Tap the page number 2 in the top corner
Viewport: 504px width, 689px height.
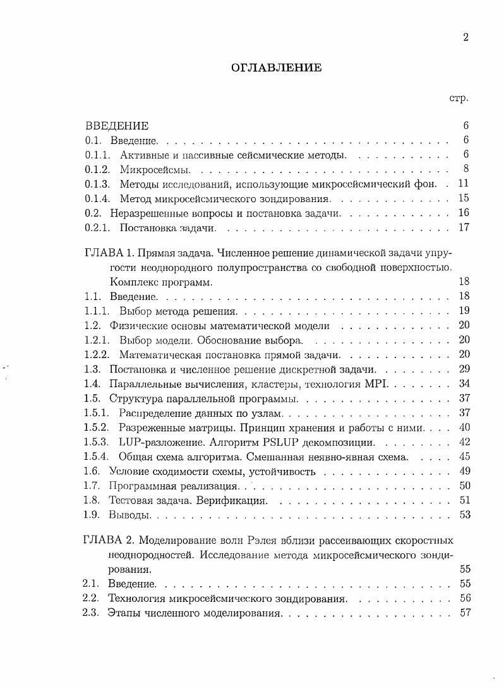point(465,37)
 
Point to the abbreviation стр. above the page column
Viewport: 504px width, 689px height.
point(458,99)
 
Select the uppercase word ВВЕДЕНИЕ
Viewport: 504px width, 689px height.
point(117,126)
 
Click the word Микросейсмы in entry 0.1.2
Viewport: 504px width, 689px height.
point(151,169)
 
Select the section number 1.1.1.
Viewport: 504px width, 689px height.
point(97,311)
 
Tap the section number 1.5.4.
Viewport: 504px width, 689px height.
point(97,457)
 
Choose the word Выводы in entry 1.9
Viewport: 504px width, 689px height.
point(129,515)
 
